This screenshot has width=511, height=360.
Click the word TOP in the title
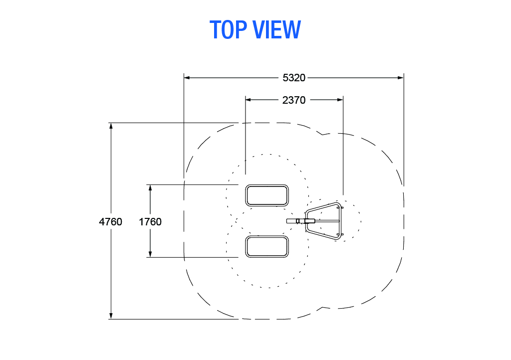coord(228,29)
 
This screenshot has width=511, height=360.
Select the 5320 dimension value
coord(294,78)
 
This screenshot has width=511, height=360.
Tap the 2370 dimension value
coord(294,100)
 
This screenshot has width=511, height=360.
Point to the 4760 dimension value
coord(110,222)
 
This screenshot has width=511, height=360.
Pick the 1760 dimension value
coord(150,222)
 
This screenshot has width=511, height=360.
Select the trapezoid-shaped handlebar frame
coord(340,221)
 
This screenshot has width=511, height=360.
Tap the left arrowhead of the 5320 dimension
coord(187,78)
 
